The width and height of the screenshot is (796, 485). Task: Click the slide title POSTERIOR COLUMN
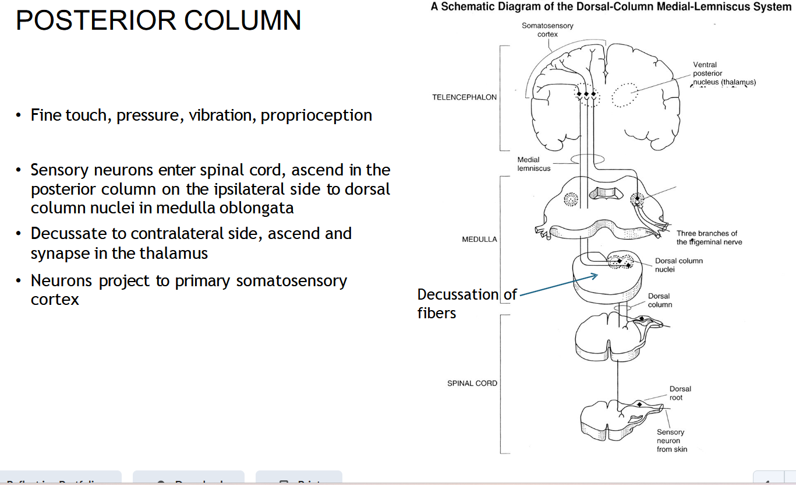pyautogui.click(x=158, y=21)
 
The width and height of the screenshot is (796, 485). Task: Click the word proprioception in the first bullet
pyautogui.click(x=316, y=115)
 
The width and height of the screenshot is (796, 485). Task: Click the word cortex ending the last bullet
pyautogui.click(x=55, y=300)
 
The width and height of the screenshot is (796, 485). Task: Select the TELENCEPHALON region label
pyautogui.click(x=464, y=97)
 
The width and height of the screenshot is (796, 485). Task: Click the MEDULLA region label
pyautogui.click(x=479, y=240)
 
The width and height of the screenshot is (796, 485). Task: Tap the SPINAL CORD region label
pyautogui.click(x=472, y=384)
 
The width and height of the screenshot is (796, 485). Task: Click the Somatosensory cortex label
pyautogui.click(x=547, y=30)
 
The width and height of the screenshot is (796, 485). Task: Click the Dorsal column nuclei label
pyautogui.click(x=678, y=265)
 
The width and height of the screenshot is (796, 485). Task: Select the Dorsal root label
pyautogui.click(x=680, y=393)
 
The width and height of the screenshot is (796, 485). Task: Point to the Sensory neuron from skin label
pyautogui.click(x=671, y=440)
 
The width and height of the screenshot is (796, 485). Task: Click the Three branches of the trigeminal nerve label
pyautogui.click(x=709, y=238)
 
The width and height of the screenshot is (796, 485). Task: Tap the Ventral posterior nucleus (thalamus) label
pyautogui.click(x=722, y=74)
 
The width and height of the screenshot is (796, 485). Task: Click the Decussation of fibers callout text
pyautogui.click(x=466, y=303)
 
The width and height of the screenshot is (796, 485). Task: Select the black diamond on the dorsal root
pyautogui.click(x=639, y=404)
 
